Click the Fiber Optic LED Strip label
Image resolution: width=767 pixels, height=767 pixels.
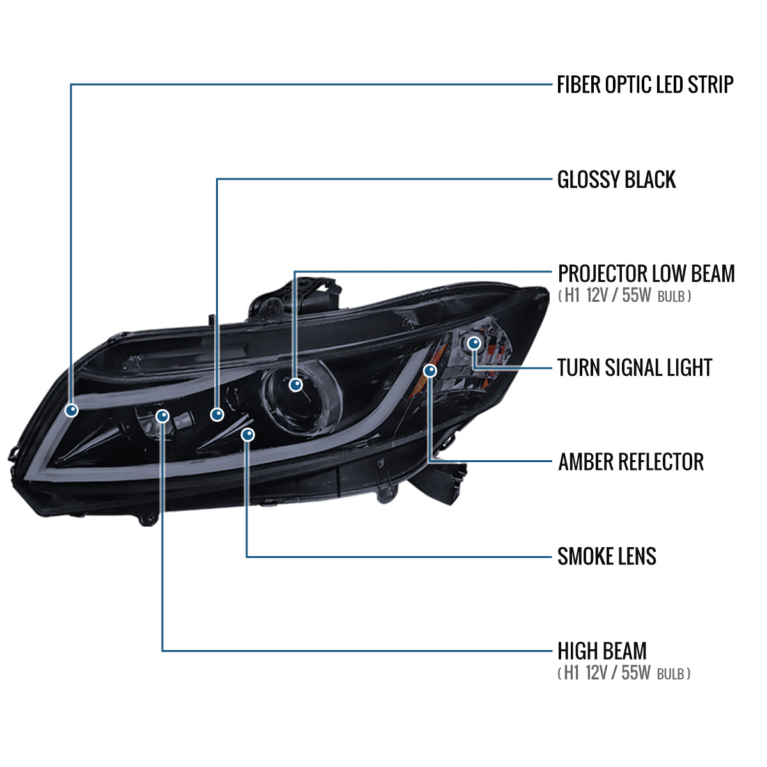[645, 84]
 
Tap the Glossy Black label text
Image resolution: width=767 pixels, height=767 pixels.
[616, 180]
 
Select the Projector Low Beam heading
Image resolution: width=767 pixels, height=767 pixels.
[646, 274]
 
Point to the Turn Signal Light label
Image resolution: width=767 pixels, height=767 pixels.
[635, 368]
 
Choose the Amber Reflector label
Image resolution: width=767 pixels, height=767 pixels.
[631, 461]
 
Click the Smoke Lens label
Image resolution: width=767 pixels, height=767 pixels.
[607, 556]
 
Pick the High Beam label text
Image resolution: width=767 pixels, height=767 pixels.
[602, 651]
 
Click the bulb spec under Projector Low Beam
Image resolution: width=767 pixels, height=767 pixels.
[624, 297]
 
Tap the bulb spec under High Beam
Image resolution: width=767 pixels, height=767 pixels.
[624, 673]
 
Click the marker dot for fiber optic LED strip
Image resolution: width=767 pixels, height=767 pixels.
[72, 410]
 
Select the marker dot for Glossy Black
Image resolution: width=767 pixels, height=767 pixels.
[217, 415]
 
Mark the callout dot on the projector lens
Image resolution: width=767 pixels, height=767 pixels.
[295, 385]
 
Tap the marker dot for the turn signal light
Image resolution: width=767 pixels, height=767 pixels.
[474, 343]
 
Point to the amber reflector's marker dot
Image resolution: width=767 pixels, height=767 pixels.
[430, 371]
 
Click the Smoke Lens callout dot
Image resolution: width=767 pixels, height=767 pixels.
[248, 435]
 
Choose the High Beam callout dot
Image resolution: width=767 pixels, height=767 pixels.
[163, 417]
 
